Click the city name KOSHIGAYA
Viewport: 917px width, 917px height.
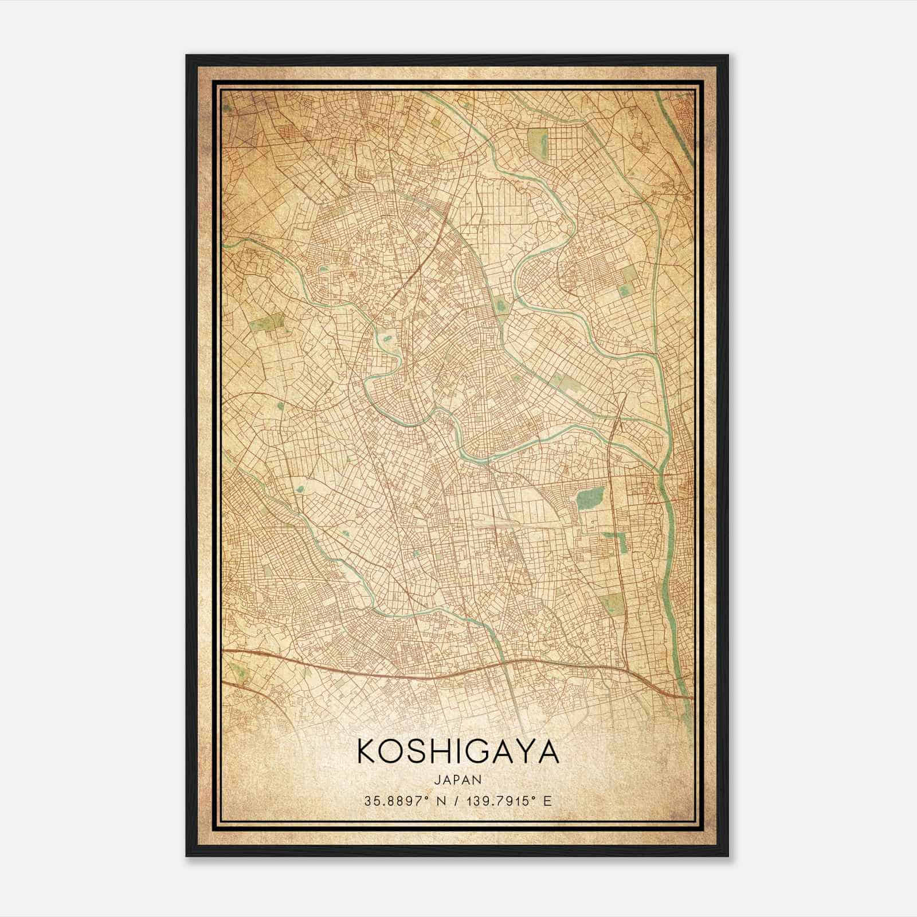click(458, 752)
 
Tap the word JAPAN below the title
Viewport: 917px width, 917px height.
click(457, 779)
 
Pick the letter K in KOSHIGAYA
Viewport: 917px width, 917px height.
click(367, 752)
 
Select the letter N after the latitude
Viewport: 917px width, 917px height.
click(440, 801)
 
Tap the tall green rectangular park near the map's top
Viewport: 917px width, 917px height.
click(537, 141)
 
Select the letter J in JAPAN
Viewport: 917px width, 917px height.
click(438, 779)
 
